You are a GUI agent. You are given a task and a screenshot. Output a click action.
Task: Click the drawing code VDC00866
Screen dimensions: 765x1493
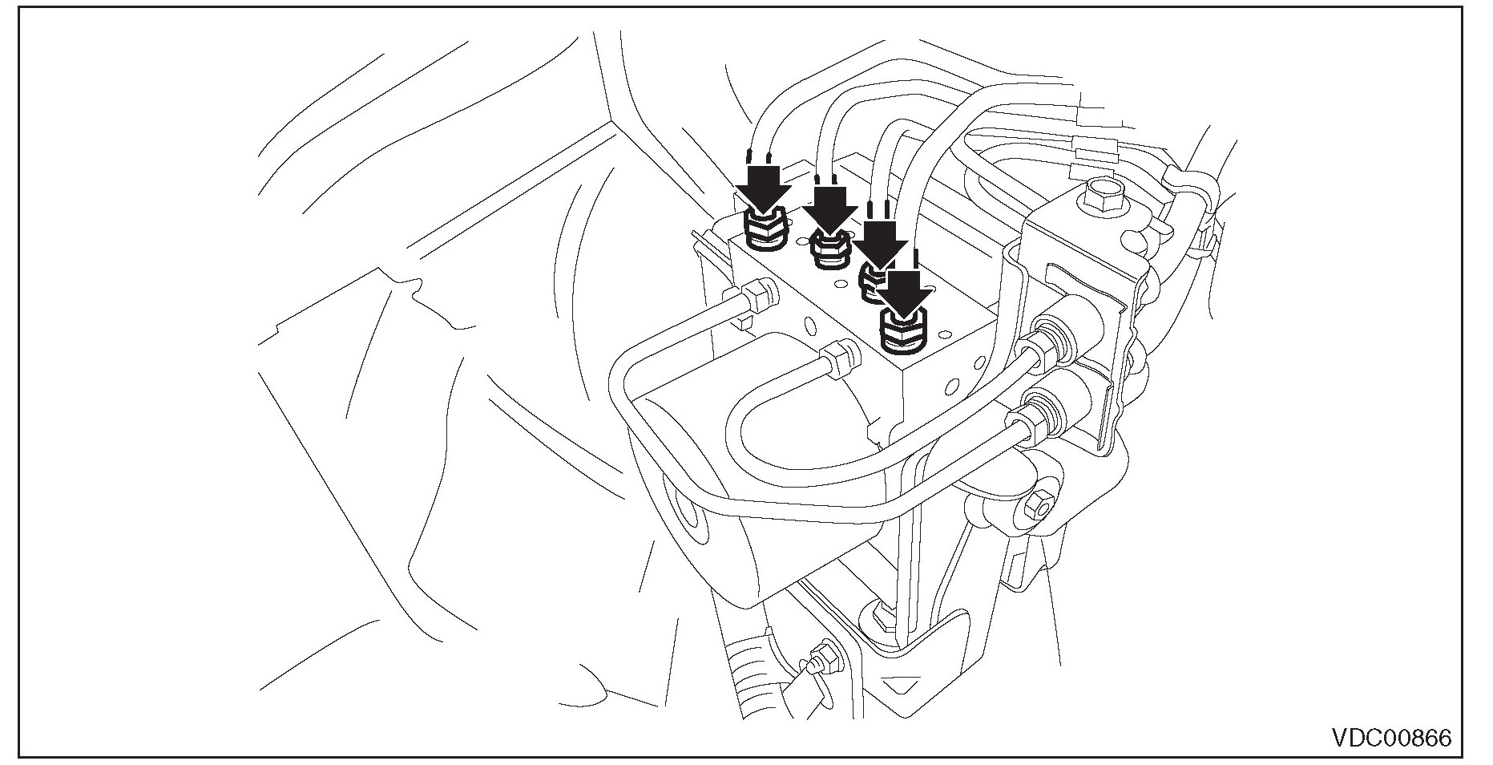(1391, 738)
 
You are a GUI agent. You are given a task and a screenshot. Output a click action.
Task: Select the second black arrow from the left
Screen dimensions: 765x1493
(830, 210)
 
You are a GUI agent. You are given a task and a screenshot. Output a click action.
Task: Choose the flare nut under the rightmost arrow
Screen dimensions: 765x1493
(904, 334)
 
